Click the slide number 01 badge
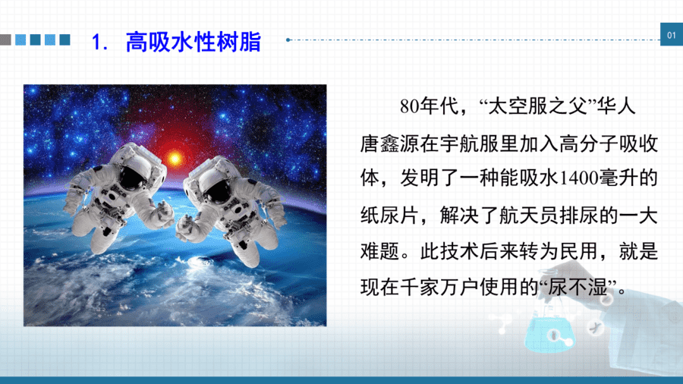pos(672,34)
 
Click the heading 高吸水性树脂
pos(194,42)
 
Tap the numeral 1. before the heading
pos(99,42)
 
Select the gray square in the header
pos(5,39)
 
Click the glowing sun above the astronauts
pos(175,158)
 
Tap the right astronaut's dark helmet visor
pos(216,190)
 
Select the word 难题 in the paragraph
pos(380,252)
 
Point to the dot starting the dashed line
pos(288,40)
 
